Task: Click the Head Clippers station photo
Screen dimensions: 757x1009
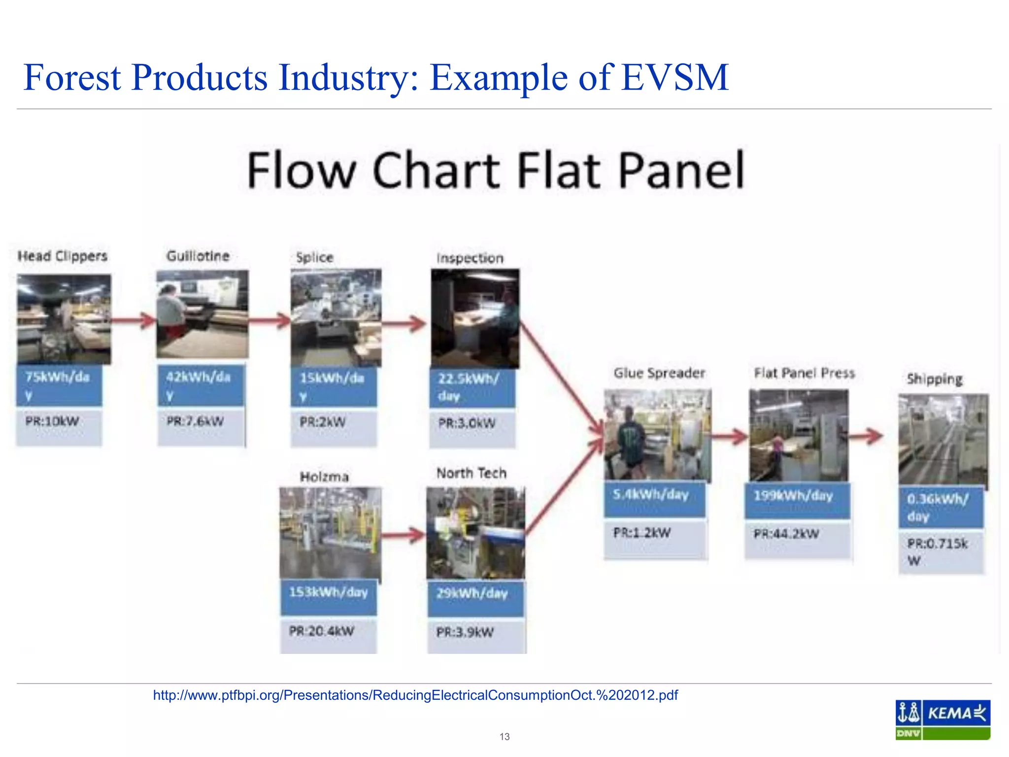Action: pyautogui.click(x=64, y=319)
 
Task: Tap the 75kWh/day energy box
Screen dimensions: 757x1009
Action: pyautogui.click(x=59, y=385)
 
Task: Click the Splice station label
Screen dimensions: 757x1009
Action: pyautogui.click(x=315, y=257)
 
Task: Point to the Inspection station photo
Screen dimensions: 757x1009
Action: pyautogui.click(x=475, y=318)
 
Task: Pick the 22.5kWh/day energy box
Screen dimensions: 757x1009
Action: pyautogui.click(x=472, y=387)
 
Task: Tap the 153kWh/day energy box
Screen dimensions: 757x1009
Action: pyautogui.click(x=329, y=597)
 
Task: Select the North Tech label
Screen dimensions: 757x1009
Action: pyautogui.click(x=471, y=473)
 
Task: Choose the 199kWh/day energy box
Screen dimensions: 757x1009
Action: pyautogui.click(x=797, y=500)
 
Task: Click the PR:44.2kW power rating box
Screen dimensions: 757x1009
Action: pyautogui.click(x=797, y=539)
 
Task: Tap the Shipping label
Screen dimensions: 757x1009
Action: pyautogui.click(x=935, y=379)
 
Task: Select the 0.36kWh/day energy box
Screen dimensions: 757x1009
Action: pyautogui.click(x=941, y=508)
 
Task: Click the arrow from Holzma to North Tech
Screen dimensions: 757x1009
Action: pyautogui.click(x=403, y=535)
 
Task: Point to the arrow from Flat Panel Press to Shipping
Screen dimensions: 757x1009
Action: pyautogui.click(x=866, y=436)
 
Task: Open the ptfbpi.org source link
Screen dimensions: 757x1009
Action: pyautogui.click(x=415, y=695)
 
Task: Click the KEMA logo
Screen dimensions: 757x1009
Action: pyautogui.click(x=942, y=720)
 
